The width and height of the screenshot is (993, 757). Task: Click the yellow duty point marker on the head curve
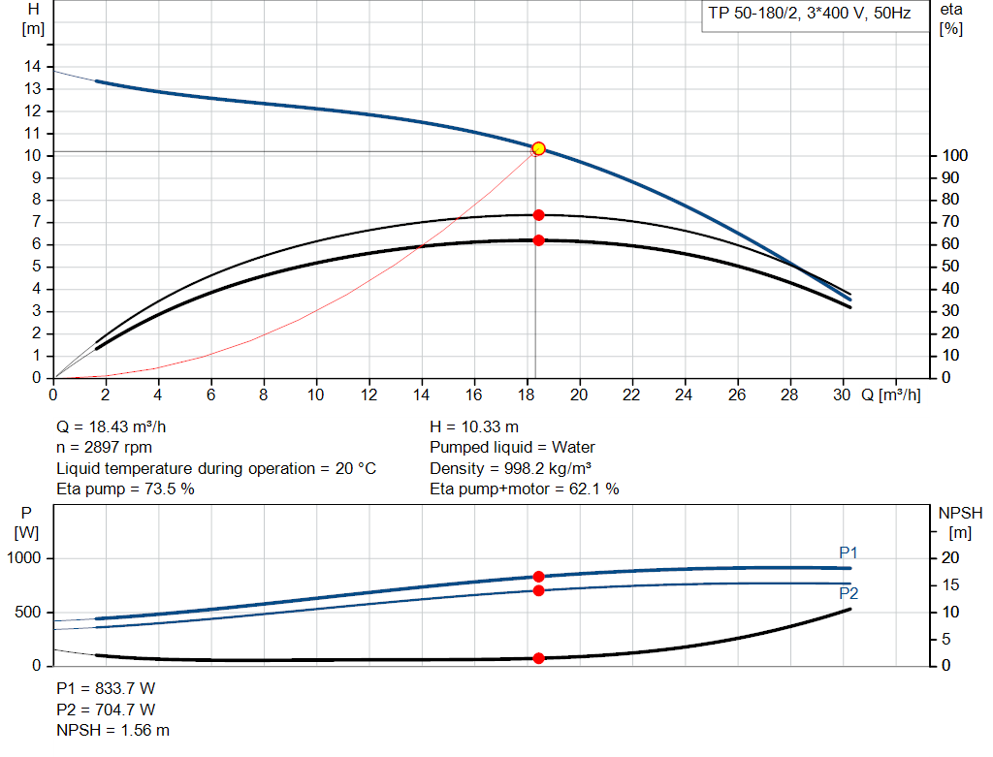(x=538, y=148)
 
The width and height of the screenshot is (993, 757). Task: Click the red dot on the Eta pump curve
(x=538, y=215)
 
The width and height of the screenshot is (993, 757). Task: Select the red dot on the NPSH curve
(x=539, y=658)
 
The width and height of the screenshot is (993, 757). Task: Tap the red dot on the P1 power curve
(x=539, y=577)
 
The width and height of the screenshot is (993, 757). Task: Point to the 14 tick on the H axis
(x=34, y=66)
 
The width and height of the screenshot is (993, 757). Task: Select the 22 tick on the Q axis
(x=631, y=394)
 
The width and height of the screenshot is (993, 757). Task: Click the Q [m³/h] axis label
(x=890, y=394)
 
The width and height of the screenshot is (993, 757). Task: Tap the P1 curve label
(x=849, y=552)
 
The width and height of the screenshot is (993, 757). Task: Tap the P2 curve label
(x=849, y=593)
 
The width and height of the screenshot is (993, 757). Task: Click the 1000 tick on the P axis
(x=26, y=558)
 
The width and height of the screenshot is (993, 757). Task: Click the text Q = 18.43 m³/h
(x=118, y=426)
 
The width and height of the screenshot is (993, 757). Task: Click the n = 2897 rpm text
(x=106, y=447)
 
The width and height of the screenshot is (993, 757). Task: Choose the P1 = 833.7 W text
(x=106, y=688)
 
